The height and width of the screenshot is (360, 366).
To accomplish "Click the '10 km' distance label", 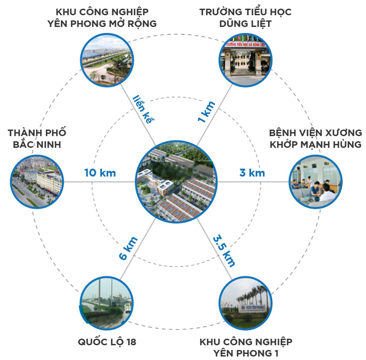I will point(100,172).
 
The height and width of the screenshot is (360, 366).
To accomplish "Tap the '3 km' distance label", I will point(252,173).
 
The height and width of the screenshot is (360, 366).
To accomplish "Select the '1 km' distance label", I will point(207,112).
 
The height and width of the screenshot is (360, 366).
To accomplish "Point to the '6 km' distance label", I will point(129,248).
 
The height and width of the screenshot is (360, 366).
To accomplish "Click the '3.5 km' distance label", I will point(224,250).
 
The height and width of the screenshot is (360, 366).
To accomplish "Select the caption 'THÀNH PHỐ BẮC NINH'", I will point(37,138).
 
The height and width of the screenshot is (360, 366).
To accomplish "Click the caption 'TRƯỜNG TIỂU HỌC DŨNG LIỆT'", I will point(245,17).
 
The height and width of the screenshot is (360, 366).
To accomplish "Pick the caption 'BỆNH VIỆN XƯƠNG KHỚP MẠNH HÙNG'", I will point(315,138).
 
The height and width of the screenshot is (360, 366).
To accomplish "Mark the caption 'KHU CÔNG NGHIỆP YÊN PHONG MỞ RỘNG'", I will point(102,17).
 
